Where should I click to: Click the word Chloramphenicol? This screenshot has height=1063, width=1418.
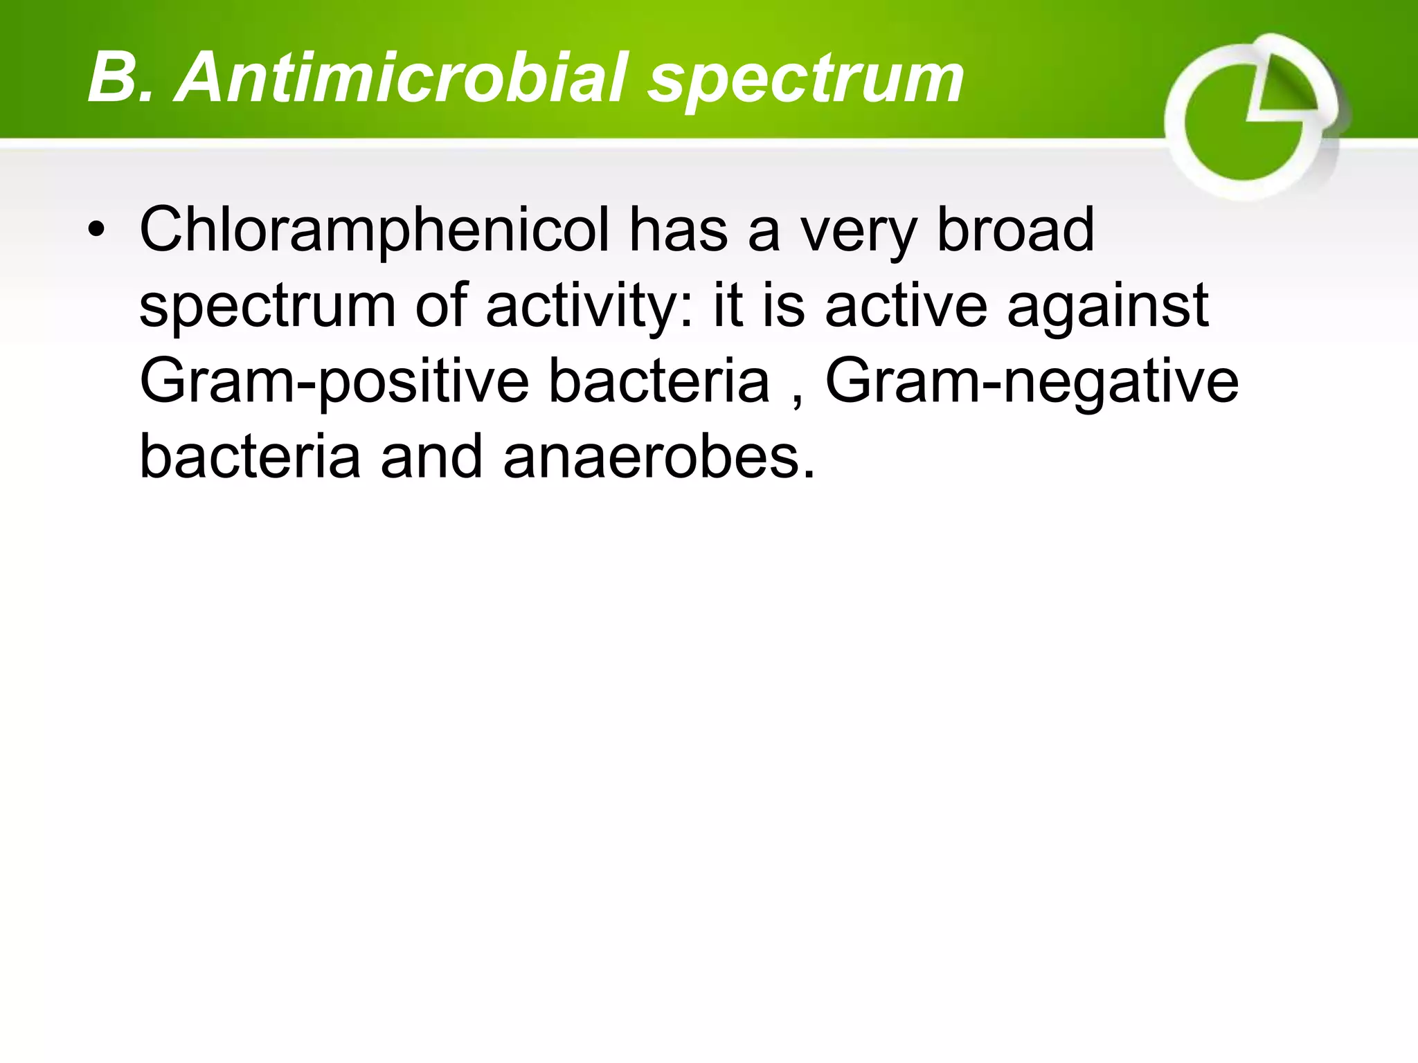(x=375, y=231)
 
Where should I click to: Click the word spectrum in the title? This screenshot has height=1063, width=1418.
(x=805, y=82)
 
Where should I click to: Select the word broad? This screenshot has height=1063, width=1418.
(x=1015, y=230)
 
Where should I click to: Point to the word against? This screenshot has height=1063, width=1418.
(x=1108, y=309)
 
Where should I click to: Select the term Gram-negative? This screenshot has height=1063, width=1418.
(x=1032, y=383)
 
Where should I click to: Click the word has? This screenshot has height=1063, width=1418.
(x=678, y=230)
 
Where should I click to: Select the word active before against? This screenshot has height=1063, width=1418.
(x=906, y=306)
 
